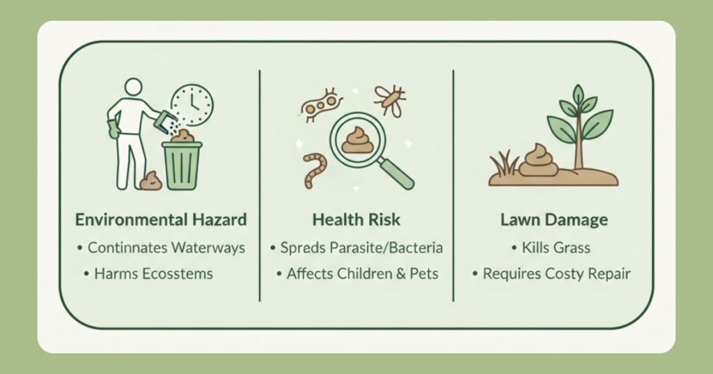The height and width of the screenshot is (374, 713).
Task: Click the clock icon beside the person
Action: [x=192, y=105]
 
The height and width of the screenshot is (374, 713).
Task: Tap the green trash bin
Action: [x=182, y=165]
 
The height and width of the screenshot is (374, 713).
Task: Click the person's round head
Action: [x=133, y=87]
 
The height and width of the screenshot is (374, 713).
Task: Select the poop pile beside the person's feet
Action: [x=151, y=181]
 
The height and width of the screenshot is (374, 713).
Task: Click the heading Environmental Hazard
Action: [x=161, y=220]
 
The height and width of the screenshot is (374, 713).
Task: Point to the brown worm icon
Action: [x=315, y=170]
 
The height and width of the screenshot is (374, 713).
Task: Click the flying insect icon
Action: [x=390, y=101]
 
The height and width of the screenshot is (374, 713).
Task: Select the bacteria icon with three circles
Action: [x=320, y=105]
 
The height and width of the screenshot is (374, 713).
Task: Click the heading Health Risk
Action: [x=356, y=220]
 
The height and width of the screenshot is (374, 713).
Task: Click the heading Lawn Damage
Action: [x=554, y=220]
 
